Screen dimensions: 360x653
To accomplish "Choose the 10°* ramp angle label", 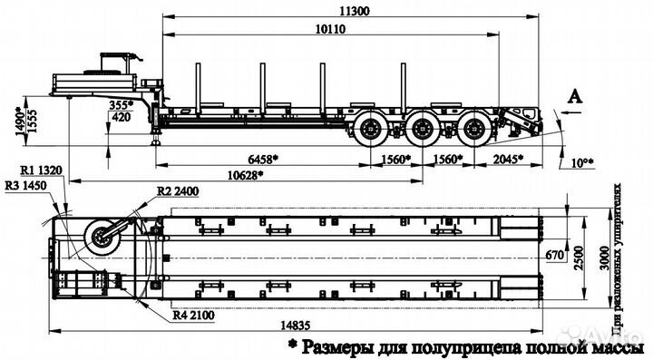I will point(582,163).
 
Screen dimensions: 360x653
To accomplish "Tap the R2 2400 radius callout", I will point(176,191).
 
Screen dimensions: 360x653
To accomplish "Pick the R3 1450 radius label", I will point(26,185).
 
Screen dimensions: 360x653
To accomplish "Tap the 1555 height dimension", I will point(34,117).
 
